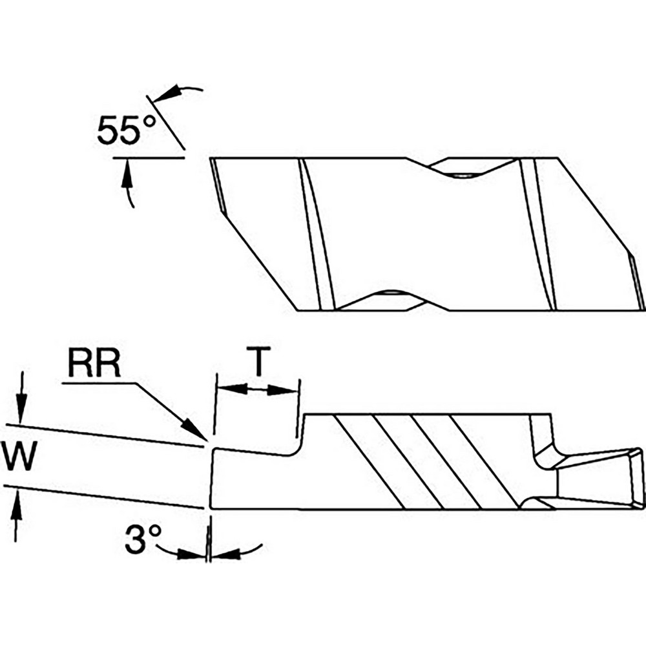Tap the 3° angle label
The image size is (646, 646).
[143, 539]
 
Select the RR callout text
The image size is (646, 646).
[94, 362]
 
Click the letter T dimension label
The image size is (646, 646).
[258, 361]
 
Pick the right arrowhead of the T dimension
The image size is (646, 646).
[282, 390]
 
